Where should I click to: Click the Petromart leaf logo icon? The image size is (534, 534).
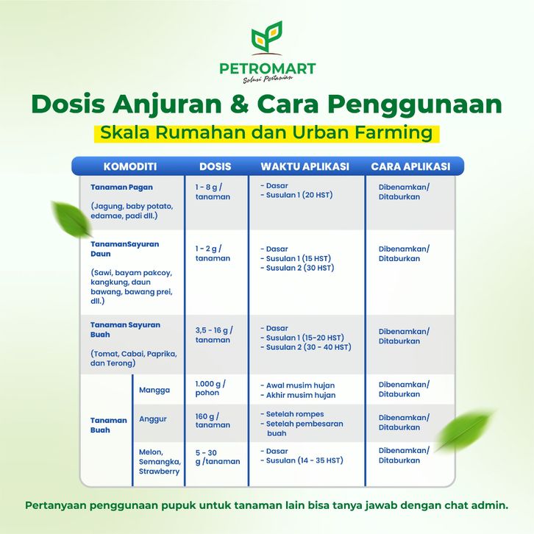click(x=267, y=38)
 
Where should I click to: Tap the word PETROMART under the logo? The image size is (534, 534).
click(x=268, y=68)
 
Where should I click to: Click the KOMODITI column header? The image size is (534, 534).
click(x=130, y=166)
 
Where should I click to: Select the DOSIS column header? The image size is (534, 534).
click(x=216, y=166)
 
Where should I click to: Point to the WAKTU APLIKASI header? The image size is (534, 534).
click(x=305, y=166)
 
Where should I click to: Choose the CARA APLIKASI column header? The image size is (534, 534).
click(x=410, y=166)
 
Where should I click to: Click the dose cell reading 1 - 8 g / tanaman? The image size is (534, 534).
click(x=213, y=192)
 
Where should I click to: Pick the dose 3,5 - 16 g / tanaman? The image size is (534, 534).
click(x=214, y=335)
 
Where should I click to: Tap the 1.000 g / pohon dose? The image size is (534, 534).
click(x=210, y=388)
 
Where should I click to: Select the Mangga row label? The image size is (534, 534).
click(x=154, y=390)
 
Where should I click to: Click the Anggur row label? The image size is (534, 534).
click(x=152, y=419)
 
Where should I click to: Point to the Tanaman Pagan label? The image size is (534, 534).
click(x=121, y=188)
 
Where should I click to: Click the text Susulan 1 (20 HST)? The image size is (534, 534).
click(x=299, y=195)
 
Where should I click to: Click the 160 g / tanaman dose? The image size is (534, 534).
click(x=213, y=421)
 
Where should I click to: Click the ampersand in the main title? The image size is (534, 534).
click(x=240, y=104)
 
